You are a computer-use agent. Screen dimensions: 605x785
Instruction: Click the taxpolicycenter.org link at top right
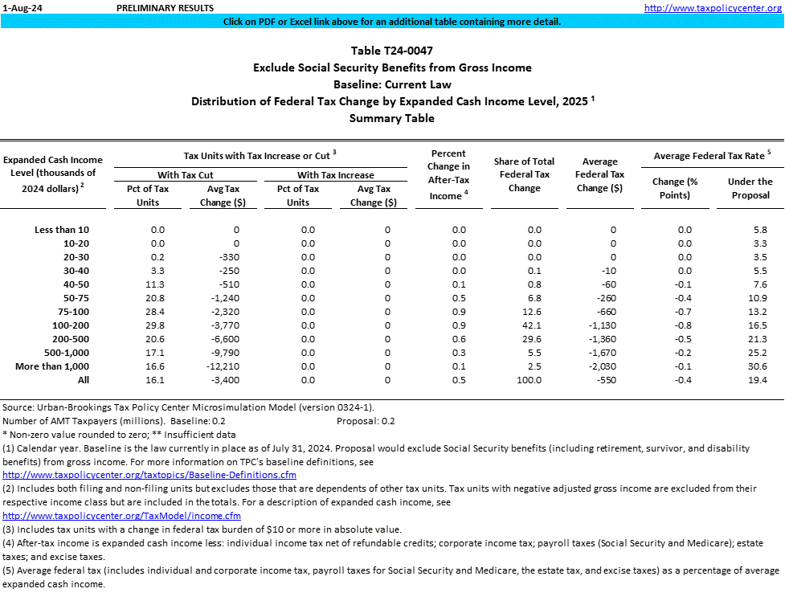[713, 7]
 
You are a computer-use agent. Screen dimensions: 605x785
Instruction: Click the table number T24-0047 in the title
[392, 51]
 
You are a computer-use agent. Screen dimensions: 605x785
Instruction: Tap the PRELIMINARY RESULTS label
[165, 7]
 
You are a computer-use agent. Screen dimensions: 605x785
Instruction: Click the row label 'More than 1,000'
[52, 366]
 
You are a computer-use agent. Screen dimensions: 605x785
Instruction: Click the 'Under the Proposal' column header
[750, 188]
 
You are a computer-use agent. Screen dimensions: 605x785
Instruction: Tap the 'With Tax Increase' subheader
[336, 175]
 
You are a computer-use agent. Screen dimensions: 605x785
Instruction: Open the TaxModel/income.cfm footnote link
[122, 515]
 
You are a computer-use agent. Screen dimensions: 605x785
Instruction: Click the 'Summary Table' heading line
[392, 118]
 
